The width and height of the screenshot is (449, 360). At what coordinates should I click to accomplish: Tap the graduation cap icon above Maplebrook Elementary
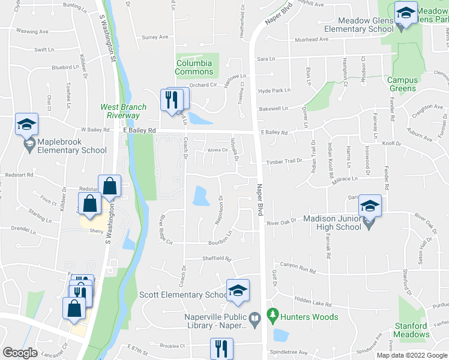(26, 124)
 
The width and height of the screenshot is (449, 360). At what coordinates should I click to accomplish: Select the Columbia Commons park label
(194, 67)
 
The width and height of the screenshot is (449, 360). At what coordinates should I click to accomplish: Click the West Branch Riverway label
(119, 111)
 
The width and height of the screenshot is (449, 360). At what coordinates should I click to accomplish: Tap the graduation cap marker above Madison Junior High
(370, 206)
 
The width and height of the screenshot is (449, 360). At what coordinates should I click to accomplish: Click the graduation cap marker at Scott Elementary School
(238, 291)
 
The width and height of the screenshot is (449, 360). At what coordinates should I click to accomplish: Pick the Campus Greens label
(402, 84)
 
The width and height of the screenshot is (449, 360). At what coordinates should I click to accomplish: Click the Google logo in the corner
(20, 353)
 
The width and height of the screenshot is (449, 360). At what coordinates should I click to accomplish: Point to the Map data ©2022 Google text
(412, 355)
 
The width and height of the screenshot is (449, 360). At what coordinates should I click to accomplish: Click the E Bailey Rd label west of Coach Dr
(139, 130)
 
